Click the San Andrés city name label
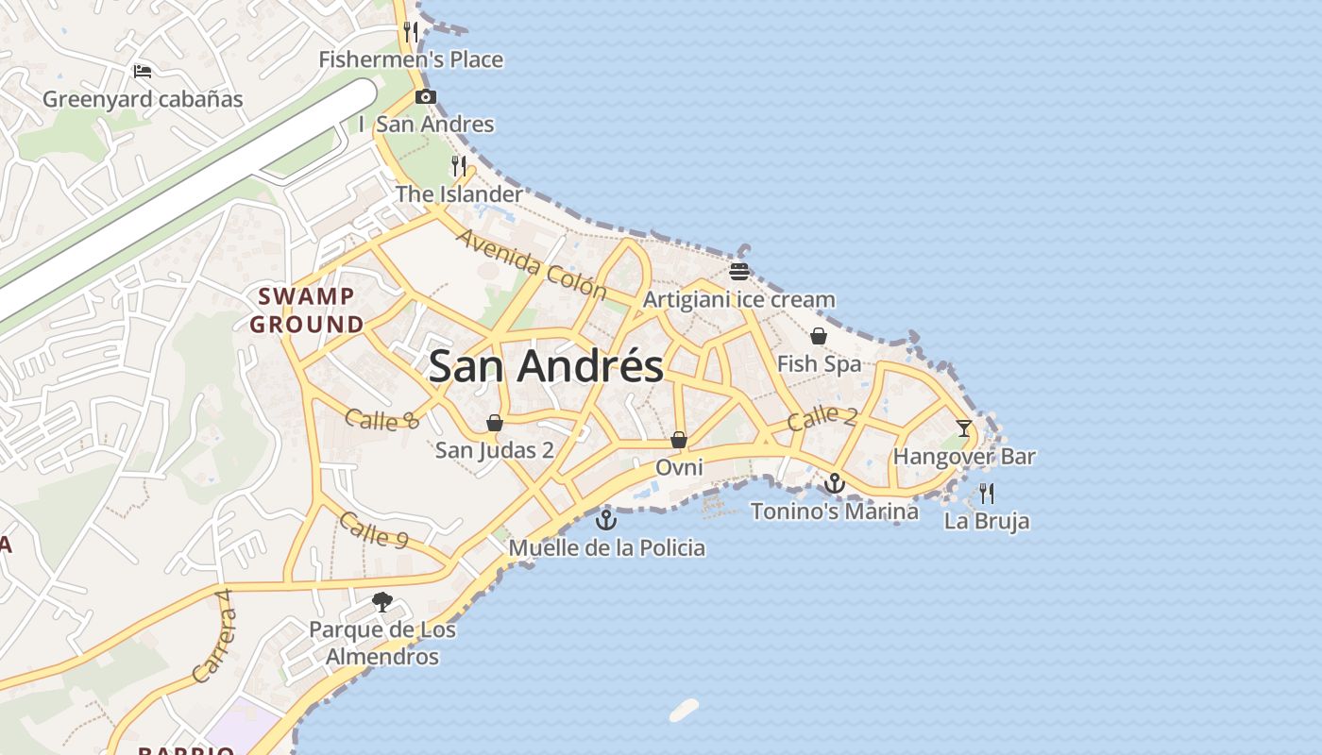[x=546, y=366]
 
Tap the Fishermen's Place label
[x=411, y=59]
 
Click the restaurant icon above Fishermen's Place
[x=411, y=32]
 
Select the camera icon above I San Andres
[x=426, y=96]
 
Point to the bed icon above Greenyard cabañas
[x=143, y=71]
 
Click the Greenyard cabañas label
[x=143, y=99]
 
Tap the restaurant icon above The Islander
[x=459, y=166]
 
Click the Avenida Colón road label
[x=531, y=262]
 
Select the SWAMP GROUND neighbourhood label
[x=307, y=310]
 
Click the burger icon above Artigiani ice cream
[x=739, y=272]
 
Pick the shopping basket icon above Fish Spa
[x=819, y=336]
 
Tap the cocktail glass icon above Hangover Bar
[x=964, y=428]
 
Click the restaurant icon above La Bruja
[x=987, y=493]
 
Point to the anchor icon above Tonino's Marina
[x=834, y=483]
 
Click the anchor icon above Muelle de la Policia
[x=606, y=519]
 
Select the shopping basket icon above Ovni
[x=679, y=440]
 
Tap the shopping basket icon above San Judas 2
[x=494, y=422]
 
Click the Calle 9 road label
[x=374, y=529]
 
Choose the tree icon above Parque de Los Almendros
[x=382, y=601]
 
